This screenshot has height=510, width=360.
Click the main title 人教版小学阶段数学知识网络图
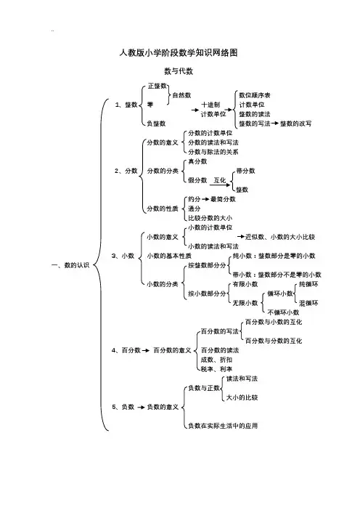coord(179,53)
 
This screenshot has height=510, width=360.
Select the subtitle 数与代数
coord(179,71)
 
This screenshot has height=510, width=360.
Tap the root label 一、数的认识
coord(70,265)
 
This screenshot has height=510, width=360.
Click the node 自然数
coord(181,95)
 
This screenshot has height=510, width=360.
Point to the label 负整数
coord(156,124)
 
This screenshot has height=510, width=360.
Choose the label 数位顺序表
coord(255,95)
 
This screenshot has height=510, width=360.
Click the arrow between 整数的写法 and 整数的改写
coord(275,124)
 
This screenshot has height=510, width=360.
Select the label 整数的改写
coord(295,124)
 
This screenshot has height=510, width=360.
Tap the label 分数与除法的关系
coord(213,152)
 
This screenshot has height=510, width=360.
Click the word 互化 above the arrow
coord(220,180)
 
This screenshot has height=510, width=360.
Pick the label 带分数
coord(245,171)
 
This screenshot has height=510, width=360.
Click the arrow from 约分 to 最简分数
coord(205,199)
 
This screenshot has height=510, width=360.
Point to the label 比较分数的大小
coord(210,218)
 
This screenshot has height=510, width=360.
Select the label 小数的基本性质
coord(169,256)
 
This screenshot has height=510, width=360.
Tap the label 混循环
coord(308,303)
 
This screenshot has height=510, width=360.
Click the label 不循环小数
coord(283,312)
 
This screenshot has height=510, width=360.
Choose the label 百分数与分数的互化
coord(274,341)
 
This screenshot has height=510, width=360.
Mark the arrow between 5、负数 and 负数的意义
coord(141,408)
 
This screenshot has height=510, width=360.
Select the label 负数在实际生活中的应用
coord(223,426)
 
